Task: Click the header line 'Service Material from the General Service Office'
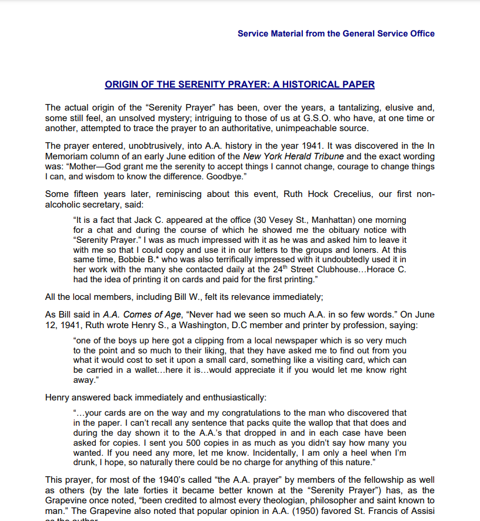click(x=336, y=34)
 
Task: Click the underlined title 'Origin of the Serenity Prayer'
click(x=239, y=84)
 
